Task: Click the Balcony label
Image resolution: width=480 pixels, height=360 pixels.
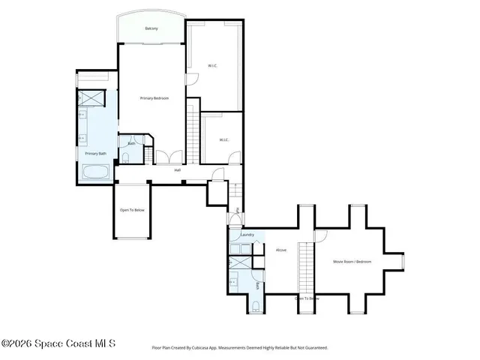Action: [151, 28]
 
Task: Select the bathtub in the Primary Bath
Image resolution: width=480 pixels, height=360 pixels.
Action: [96, 172]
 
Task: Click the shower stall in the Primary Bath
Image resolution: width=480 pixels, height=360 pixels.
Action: [94, 97]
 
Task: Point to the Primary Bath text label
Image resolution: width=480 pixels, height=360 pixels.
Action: [94, 153]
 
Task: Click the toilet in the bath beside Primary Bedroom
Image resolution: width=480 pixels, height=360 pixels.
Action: [125, 157]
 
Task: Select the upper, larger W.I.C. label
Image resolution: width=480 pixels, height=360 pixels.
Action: [213, 66]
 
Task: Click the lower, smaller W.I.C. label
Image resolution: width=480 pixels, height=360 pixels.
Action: [223, 139]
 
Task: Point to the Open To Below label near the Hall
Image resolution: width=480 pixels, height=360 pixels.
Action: [132, 210]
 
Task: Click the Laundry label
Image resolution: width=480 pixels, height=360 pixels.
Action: [247, 235]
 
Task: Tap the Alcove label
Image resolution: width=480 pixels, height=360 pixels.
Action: [281, 250]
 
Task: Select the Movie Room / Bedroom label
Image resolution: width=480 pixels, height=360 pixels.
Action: [352, 261]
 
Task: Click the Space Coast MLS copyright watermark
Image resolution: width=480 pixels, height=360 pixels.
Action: [58, 344]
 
